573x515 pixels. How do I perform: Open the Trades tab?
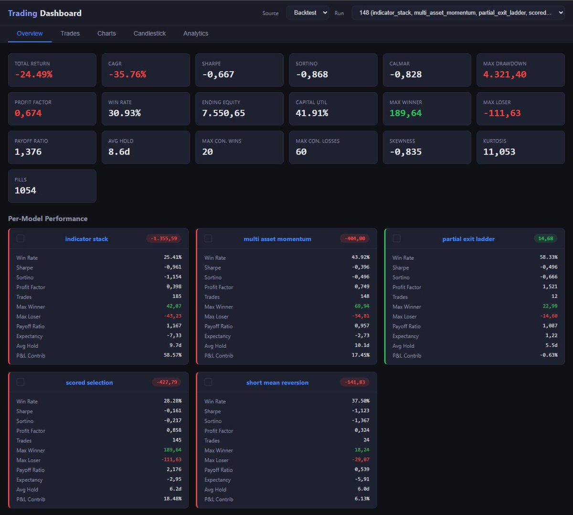pyautogui.click(x=70, y=33)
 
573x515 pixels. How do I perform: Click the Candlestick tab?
pyautogui.click(x=149, y=33)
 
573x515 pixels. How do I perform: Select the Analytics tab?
pyautogui.click(x=196, y=33)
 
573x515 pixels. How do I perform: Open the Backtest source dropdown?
pyautogui.click(x=308, y=13)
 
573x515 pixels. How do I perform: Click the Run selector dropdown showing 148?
pyautogui.click(x=458, y=13)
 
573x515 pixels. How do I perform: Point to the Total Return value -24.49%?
pyautogui.click(x=33, y=75)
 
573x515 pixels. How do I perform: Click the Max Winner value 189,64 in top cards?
pyautogui.click(x=405, y=113)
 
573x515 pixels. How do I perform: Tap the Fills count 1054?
pyautogui.click(x=25, y=190)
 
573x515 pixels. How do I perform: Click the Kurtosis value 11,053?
pyautogui.click(x=499, y=152)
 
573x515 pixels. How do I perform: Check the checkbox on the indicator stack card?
pyautogui.click(x=21, y=239)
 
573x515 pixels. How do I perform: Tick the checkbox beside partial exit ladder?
pyautogui.click(x=396, y=239)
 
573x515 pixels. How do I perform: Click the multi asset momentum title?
pyautogui.click(x=277, y=239)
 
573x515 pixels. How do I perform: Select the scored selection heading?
pyautogui.click(x=89, y=383)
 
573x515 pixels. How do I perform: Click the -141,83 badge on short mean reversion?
pyautogui.click(x=355, y=382)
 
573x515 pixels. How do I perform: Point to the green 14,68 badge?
pyautogui.click(x=545, y=239)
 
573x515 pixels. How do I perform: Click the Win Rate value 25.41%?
pyautogui.click(x=172, y=257)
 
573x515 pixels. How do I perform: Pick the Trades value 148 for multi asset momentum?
pyautogui.click(x=365, y=296)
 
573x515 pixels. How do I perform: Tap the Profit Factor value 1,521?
pyautogui.click(x=550, y=286)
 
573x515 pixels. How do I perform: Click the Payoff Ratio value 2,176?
pyautogui.click(x=174, y=470)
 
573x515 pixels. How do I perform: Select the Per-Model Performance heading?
pyautogui.click(x=48, y=219)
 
